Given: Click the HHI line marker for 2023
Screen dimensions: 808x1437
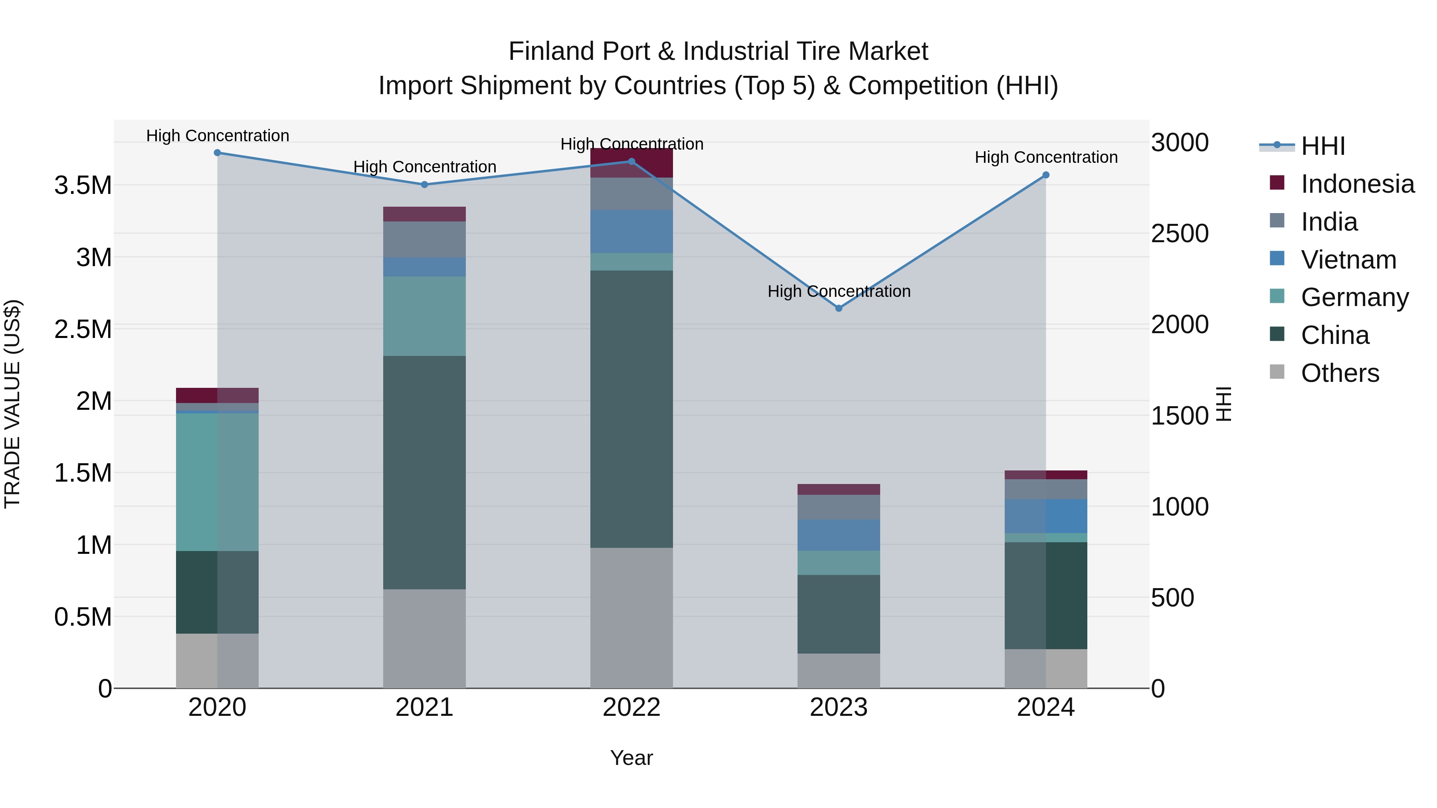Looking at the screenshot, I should [838, 308].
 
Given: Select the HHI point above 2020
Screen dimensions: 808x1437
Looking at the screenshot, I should [218, 152].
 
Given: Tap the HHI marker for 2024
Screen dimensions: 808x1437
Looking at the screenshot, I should [1046, 175].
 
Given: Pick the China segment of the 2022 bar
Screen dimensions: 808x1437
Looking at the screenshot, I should [631, 409].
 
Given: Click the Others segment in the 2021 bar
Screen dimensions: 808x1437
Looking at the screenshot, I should [425, 638].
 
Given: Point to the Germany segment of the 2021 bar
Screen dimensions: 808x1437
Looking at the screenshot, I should [425, 316].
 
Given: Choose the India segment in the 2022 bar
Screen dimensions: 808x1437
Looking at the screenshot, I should [631, 194].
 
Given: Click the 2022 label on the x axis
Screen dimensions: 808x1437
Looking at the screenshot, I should [631, 707].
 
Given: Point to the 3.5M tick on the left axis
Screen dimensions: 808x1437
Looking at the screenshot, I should [83, 185].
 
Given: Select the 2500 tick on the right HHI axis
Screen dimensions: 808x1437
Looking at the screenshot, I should [1180, 234].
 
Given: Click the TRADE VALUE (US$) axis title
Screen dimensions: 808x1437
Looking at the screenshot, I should [13, 404].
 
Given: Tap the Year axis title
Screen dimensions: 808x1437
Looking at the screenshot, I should [631, 758].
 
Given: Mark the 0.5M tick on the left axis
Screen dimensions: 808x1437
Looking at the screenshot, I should [83, 617].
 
